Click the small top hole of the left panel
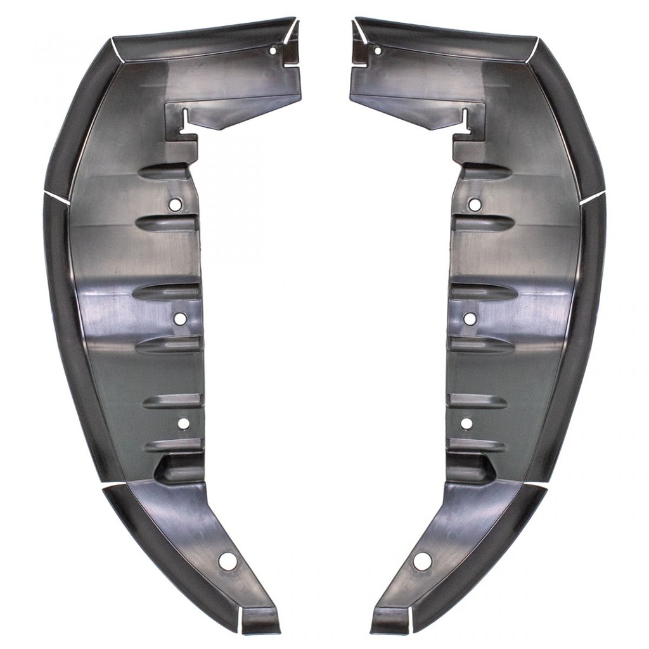273,50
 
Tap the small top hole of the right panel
377,50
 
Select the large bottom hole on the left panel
227,560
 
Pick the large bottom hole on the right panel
421,560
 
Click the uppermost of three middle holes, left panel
175,205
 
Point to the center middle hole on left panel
180,319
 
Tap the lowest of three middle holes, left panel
183,423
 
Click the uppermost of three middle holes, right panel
474,205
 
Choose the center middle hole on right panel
469,319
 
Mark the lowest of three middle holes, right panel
466,423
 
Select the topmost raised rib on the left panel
164,171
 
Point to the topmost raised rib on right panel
485,171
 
